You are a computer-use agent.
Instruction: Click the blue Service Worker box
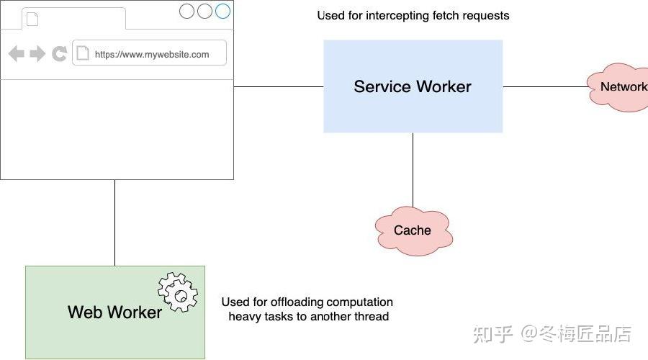(413, 86)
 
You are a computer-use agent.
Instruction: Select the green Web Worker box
(115, 312)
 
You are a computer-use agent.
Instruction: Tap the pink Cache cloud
(413, 230)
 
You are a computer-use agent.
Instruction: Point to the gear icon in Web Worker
(178, 292)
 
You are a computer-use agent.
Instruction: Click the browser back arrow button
(17, 53)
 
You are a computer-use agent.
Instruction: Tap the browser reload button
(59, 53)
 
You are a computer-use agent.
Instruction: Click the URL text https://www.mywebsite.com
(152, 54)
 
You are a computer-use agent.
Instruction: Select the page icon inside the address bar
(83, 53)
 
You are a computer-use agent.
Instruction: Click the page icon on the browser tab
(32, 19)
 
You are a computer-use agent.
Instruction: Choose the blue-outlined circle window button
(223, 11)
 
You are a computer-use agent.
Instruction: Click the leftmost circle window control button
(186, 11)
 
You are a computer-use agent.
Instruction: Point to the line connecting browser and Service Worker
(279, 86)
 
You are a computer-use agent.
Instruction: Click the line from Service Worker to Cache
(413, 169)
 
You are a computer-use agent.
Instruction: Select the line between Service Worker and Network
(545, 86)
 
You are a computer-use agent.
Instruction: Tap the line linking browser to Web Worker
(115, 222)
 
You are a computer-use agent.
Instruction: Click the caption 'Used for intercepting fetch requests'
(413, 15)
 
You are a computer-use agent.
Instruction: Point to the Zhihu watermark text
(552, 333)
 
